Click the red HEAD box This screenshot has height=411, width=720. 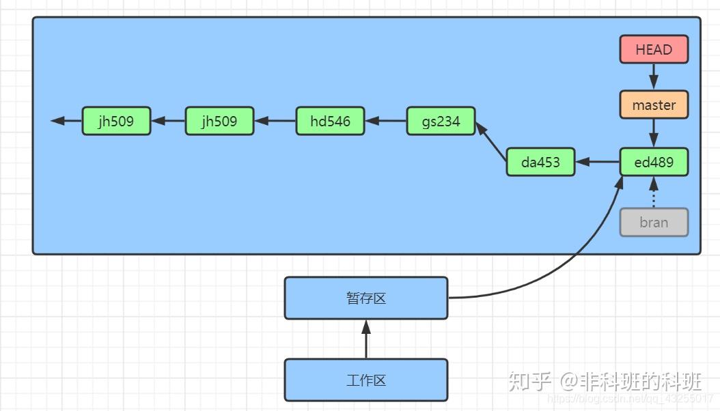654,50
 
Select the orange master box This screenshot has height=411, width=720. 654,105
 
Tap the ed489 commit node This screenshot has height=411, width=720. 654,162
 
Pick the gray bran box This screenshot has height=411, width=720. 654,223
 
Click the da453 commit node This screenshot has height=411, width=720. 540,162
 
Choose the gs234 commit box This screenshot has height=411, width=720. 441,121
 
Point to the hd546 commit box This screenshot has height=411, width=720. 330,121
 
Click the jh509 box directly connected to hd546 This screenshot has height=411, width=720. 219,121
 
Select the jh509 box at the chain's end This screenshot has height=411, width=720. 116,121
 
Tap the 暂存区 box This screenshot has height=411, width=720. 366,298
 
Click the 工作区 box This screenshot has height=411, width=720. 366,380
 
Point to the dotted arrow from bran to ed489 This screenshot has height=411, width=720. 654,193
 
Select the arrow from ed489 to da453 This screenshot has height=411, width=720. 598,162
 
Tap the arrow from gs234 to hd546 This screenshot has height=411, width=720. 386,121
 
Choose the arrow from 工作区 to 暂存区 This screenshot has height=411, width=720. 366,339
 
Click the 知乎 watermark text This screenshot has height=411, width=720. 529,380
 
